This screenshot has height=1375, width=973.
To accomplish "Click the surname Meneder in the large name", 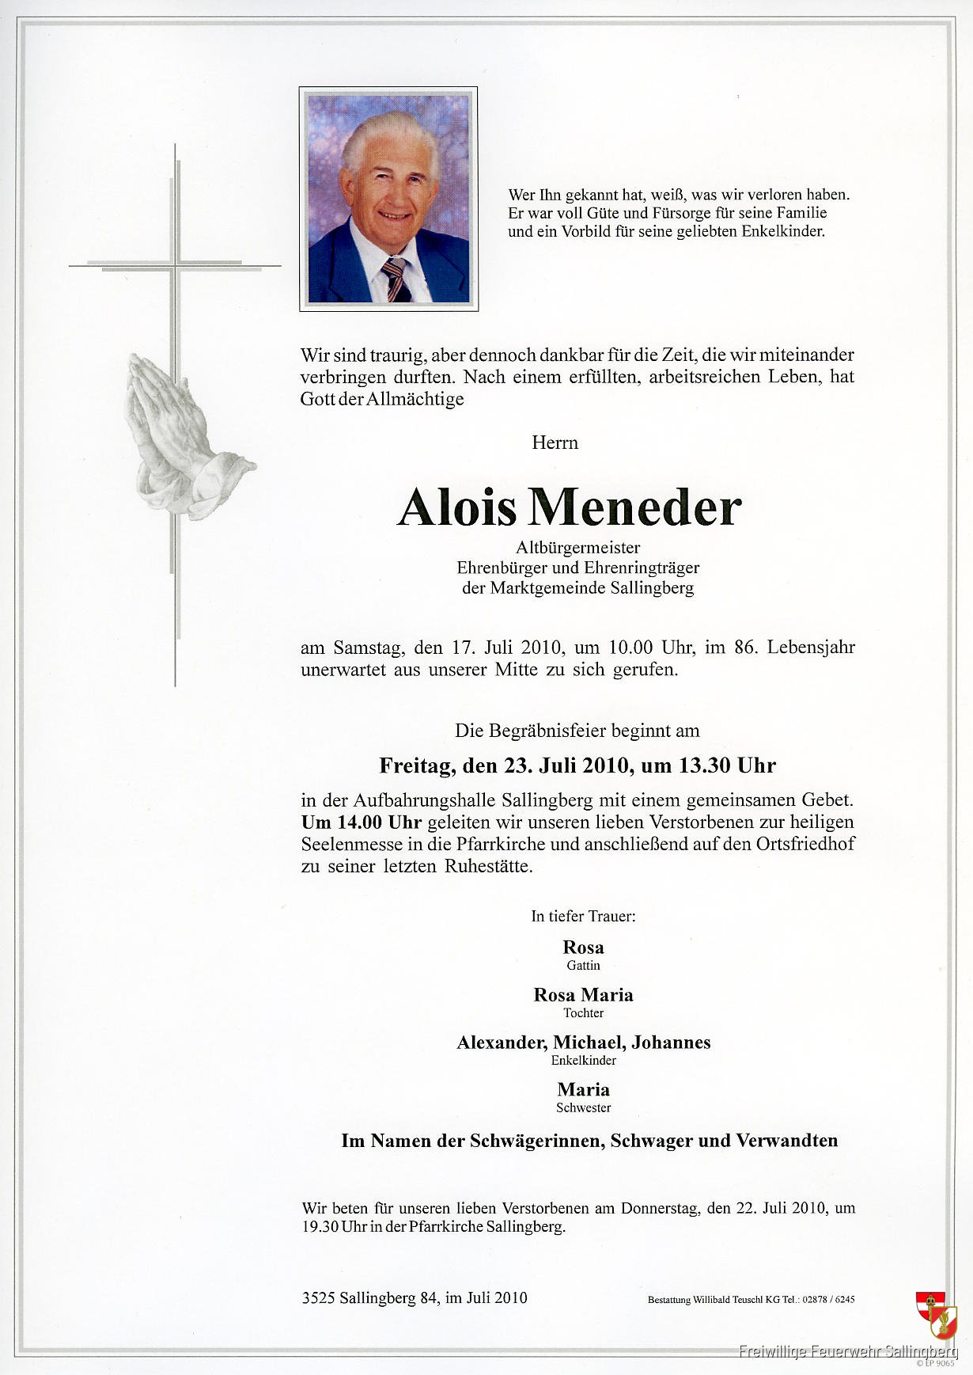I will tap(635, 507).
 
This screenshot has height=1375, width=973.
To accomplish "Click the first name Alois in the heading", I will tap(456, 507).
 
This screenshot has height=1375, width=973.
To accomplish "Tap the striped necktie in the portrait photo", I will tap(396, 280).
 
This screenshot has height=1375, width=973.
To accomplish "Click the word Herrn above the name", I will tap(555, 443).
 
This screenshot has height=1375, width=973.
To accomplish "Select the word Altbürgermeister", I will tap(577, 547).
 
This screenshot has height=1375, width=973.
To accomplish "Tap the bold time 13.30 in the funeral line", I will tap(705, 765).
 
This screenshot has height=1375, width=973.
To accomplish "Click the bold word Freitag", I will tap(416, 765).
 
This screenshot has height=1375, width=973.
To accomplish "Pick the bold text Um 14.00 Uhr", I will tap(361, 822).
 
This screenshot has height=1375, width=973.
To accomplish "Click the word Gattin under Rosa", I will tap(583, 966).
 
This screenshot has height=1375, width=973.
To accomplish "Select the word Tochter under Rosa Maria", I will tap(583, 1013).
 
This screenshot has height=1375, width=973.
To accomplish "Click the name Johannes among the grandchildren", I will tap(671, 1042).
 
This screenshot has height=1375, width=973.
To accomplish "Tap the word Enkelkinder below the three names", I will tap(583, 1061).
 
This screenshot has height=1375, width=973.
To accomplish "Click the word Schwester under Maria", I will tap(583, 1108).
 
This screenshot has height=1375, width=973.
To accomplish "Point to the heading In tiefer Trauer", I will tap(583, 916).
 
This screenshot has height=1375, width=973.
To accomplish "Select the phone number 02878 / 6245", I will tap(828, 1299).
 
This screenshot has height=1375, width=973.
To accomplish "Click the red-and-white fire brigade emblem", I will tap(936, 1315).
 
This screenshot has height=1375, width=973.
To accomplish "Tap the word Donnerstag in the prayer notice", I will tap(661, 1208).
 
